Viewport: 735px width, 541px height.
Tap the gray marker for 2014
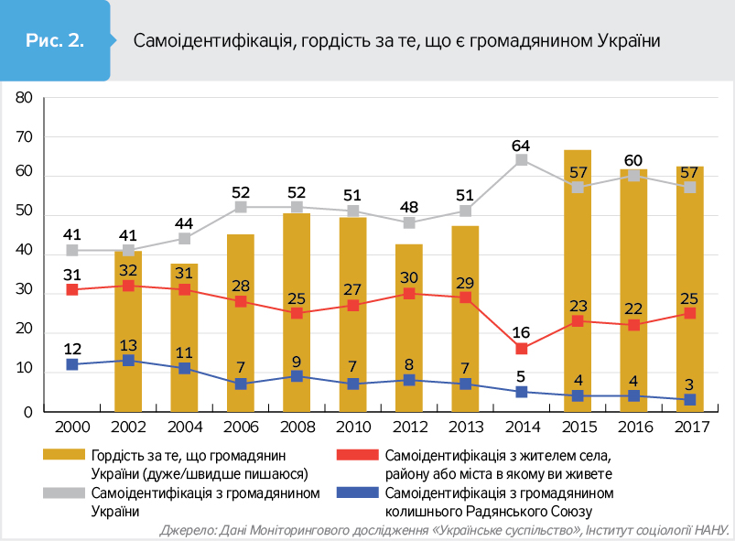(522, 160)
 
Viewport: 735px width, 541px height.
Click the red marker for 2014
(522, 349)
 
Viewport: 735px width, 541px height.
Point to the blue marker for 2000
(72, 364)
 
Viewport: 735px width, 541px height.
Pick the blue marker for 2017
(689, 399)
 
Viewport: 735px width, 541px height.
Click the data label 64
(522, 145)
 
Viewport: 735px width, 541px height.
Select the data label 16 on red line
(522, 333)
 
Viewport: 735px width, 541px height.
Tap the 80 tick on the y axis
(25, 97)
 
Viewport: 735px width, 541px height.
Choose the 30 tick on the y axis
(25, 292)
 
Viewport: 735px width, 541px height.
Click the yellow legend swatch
(65, 454)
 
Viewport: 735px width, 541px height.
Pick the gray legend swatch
(65, 492)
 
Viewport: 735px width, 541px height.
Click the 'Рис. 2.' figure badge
(56, 40)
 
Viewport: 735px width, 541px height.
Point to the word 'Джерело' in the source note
(188, 530)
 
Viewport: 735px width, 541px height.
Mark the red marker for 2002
(128, 286)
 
